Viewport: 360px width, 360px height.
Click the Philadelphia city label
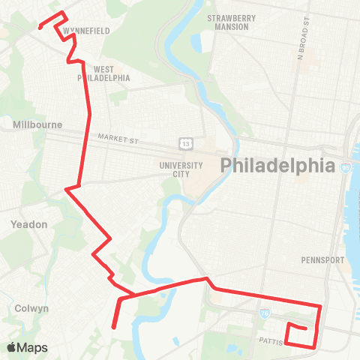pos(276,166)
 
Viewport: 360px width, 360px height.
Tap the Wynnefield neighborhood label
pos(88,31)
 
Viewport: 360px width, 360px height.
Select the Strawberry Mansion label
pos(232,22)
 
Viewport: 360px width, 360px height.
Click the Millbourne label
pos(37,124)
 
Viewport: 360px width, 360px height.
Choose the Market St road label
pos(118,137)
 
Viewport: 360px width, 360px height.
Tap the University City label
pos(181,169)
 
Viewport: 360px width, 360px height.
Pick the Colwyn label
pos(31,308)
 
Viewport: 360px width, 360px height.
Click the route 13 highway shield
pos(185,142)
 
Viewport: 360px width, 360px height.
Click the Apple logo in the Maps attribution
pos(12,347)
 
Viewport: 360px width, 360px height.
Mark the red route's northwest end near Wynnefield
pos(39,28)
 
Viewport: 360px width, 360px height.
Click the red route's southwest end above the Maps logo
pos(113,327)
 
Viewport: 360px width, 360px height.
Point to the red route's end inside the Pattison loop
pos(305,328)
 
